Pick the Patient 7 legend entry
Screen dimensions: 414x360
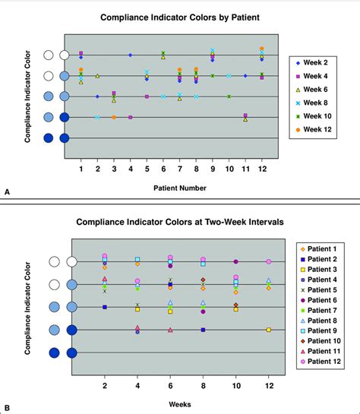click(324, 311)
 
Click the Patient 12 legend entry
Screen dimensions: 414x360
click(324, 362)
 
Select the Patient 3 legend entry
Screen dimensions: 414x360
click(324, 270)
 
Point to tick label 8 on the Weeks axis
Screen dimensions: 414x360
click(203, 387)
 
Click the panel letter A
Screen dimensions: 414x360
click(7, 194)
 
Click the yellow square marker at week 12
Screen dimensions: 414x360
click(269, 330)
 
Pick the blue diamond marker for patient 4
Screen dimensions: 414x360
click(130, 55)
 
